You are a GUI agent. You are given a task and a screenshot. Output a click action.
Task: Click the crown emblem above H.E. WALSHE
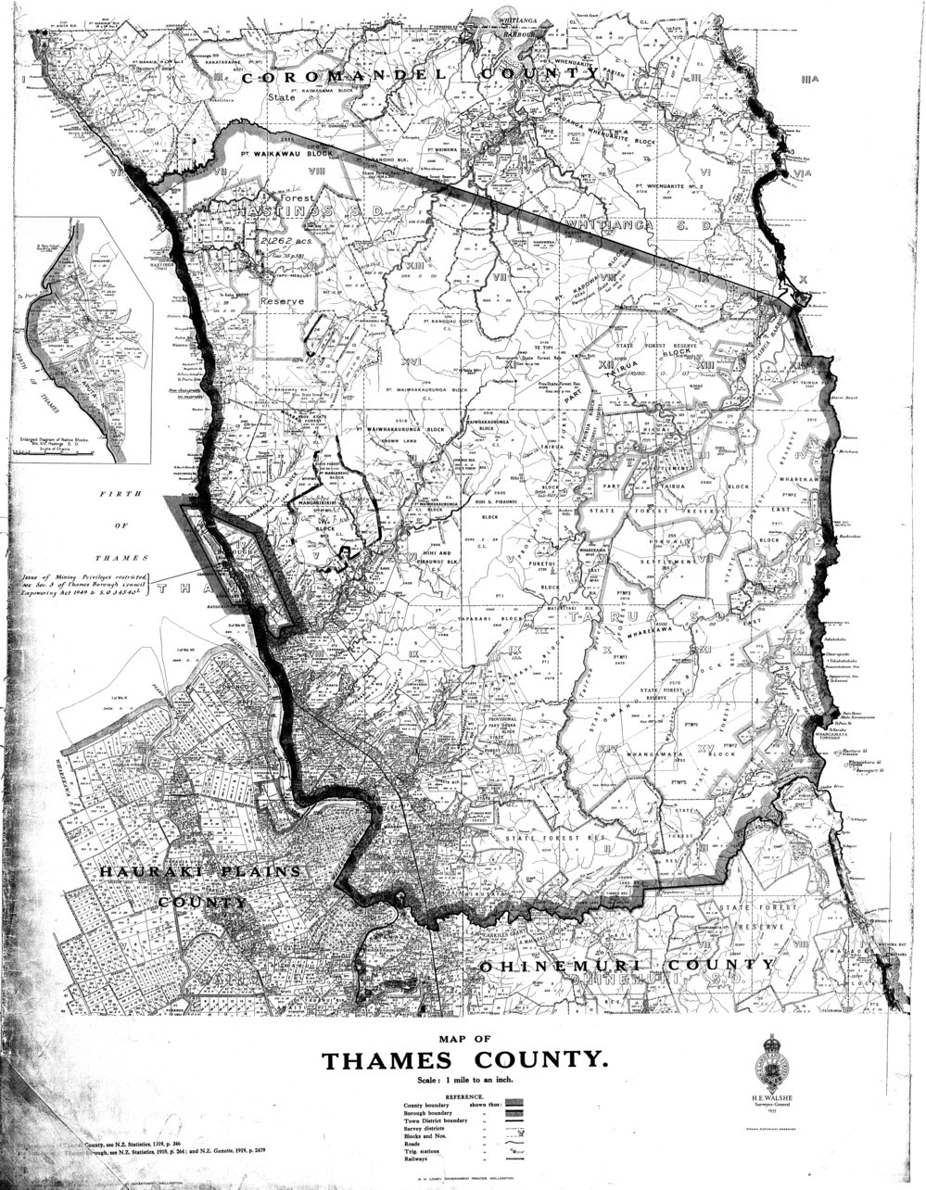point(779,1055)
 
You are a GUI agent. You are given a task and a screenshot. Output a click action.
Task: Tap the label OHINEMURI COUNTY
point(628,966)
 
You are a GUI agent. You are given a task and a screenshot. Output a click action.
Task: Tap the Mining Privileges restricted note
point(83,587)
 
